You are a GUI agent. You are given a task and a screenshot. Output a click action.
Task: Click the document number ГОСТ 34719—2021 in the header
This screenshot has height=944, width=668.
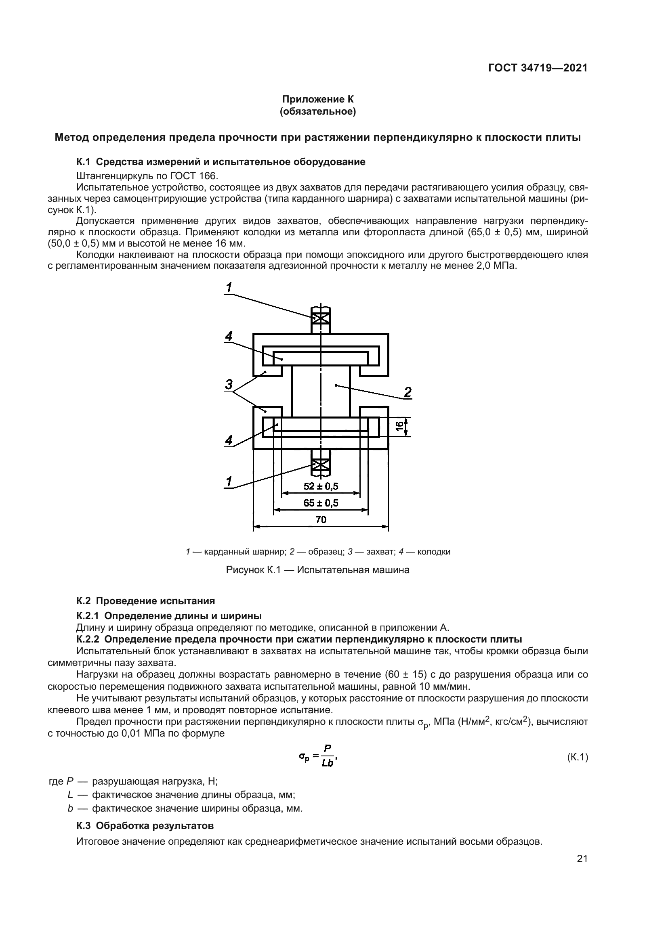[x=538, y=68]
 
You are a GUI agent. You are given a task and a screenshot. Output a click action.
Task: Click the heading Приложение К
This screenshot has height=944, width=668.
[x=317, y=99]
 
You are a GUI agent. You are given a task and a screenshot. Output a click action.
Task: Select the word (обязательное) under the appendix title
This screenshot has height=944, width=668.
[x=317, y=111]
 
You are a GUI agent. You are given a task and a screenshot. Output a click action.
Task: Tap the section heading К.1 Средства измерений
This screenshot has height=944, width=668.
[x=221, y=162]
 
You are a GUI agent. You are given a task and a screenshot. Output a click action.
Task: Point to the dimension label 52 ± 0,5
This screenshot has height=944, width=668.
[x=321, y=486]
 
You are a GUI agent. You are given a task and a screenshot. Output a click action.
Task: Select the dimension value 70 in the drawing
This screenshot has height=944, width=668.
[x=321, y=520]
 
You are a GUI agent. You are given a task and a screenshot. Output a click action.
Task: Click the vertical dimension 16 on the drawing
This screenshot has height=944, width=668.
[x=399, y=427]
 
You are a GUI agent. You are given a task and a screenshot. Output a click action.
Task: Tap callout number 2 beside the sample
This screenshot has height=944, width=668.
[x=408, y=392]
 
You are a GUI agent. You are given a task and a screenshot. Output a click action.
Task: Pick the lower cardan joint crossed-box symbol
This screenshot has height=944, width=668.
[x=320, y=465]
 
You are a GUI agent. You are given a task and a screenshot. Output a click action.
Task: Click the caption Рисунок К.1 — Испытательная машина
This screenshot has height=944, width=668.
[x=317, y=570]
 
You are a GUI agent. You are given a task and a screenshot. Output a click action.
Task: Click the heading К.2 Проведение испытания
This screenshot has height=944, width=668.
[x=146, y=601]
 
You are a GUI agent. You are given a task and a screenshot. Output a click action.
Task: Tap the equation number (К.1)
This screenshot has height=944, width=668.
[x=578, y=757]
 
